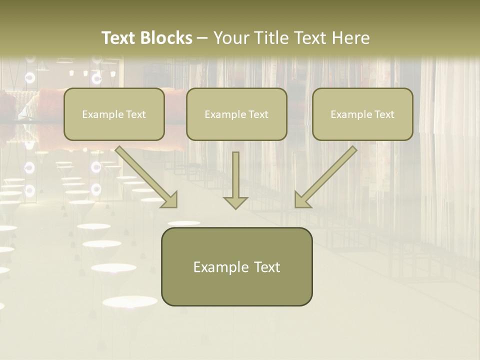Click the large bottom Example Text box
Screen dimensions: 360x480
[x=236, y=285]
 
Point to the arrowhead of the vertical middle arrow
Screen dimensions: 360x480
[x=235, y=201]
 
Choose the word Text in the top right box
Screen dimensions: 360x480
[x=384, y=114]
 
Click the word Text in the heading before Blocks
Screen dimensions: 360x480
[x=118, y=38]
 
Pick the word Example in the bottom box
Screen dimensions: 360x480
[x=218, y=267]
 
